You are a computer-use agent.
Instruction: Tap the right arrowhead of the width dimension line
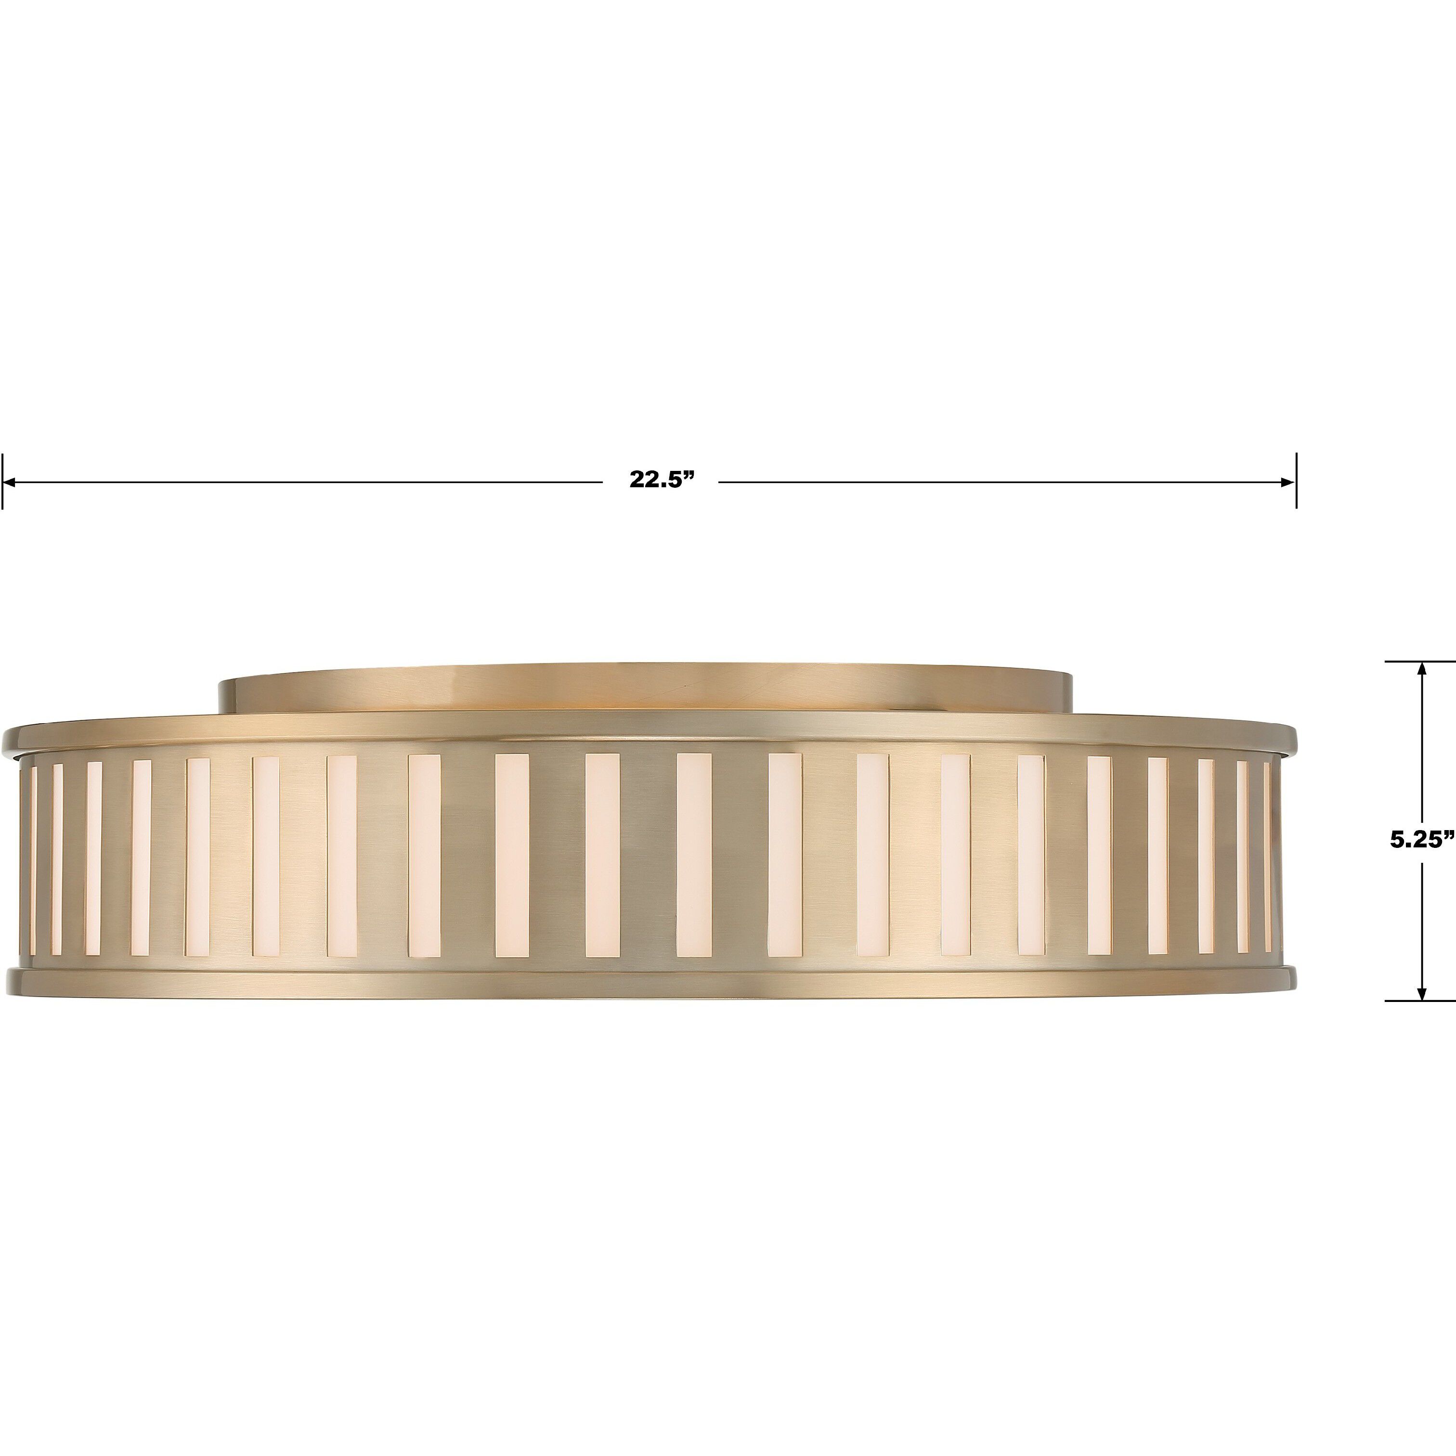pyautogui.click(x=1289, y=481)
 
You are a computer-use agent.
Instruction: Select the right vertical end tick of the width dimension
pyautogui.click(x=1296, y=481)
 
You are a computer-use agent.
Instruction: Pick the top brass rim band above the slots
pyautogui.click(x=648, y=731)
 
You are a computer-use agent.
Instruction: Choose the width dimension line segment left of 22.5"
pyautogui.click(x=301, y=481)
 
